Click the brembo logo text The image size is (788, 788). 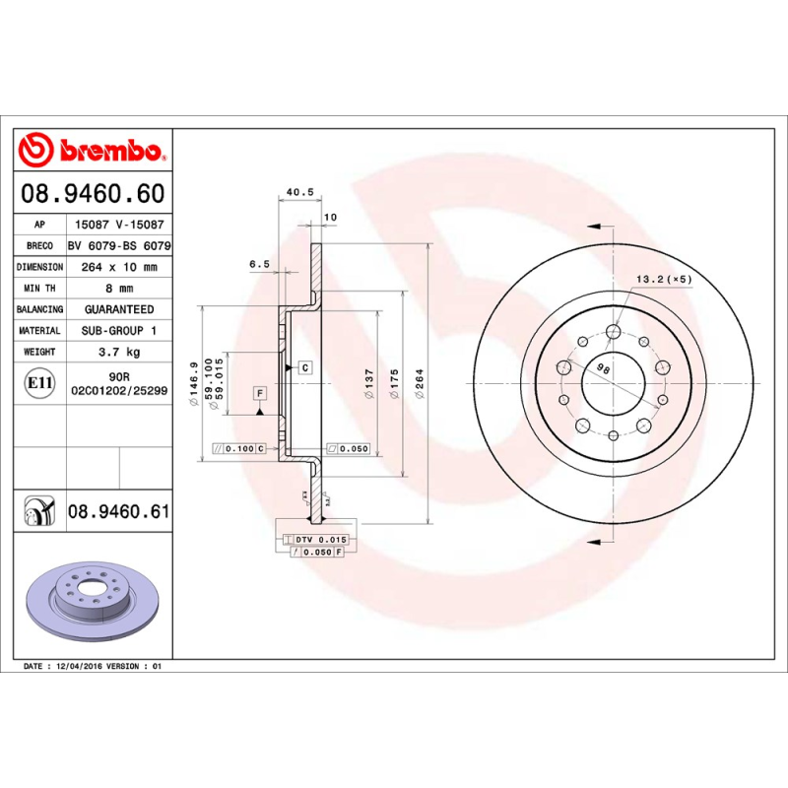(x=110, y=152)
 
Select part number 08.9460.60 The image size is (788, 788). (x=117, y=193)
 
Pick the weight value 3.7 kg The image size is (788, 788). (x=119, y=352)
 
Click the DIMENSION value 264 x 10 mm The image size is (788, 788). (x=119, y=267)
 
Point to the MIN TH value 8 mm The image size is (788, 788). (x=119, y=289)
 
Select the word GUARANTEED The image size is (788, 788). (x=119, y=309)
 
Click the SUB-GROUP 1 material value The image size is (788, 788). (x=119, y=331)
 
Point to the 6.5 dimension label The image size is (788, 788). (x=259, y=263)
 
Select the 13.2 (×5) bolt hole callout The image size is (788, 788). (x=664, y=280)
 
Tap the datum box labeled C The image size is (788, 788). (x=305, y=367)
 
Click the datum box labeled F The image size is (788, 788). (x=260, y=394)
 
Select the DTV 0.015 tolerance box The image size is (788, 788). (x=319, y=540)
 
